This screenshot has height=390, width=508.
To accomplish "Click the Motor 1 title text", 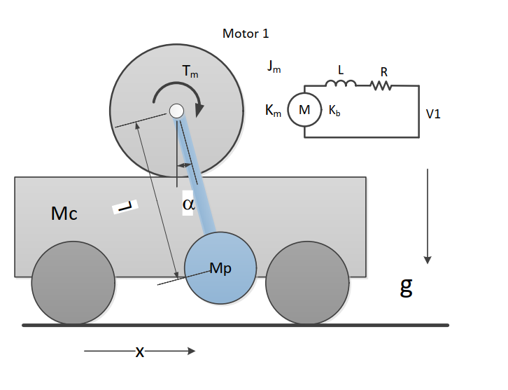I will (x=245, y=34).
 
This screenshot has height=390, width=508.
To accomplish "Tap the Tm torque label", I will (x=190, y=71).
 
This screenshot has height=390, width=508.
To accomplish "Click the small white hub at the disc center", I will (x=176, y=111).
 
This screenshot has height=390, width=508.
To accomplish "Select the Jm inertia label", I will (x=274, y=67).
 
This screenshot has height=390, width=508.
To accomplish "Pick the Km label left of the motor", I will (x=273, y=111).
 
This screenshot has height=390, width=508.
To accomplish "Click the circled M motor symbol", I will (x=304, y=110).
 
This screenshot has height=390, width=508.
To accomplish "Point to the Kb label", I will (x=334, y=111).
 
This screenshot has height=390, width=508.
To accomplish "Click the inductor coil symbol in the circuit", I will (x=341, y=84).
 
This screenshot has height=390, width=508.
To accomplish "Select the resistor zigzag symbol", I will (x=381, y=85).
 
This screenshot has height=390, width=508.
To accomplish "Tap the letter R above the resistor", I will (x=383, y=71).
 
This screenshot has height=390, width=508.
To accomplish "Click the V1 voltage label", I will (x=434, y=113).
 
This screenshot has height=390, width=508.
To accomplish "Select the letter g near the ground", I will (x=406, y=286).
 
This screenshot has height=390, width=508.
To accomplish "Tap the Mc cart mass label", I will (x=64, y=214).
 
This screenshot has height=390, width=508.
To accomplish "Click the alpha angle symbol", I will (x=188, y=204).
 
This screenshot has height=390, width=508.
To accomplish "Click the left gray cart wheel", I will (x=73, y=282).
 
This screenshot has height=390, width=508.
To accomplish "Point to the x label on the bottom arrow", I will (x=140, y=352).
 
